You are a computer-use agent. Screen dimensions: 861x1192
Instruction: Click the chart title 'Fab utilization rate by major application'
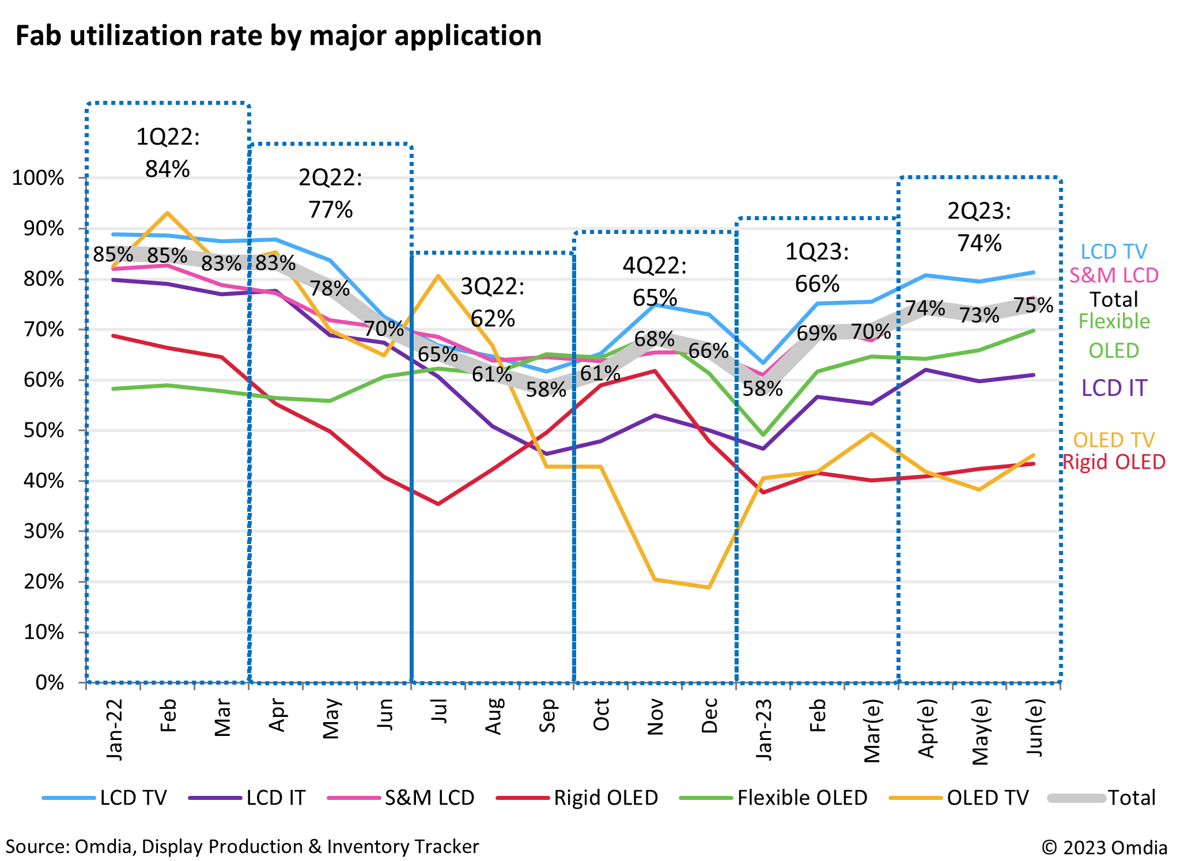(x=278, y=36)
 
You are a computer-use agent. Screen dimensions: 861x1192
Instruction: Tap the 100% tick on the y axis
(x=38, y=178)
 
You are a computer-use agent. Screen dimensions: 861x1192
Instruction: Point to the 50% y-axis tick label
(x=41, y=430)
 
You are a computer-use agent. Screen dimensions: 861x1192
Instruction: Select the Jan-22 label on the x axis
(x=115, y=728)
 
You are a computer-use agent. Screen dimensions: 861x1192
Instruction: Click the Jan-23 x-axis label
(x=763, y=728)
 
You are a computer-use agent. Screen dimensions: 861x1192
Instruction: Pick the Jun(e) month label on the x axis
(x=1035, y=728)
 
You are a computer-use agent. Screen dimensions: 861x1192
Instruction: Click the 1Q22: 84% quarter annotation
(x=168, y=153)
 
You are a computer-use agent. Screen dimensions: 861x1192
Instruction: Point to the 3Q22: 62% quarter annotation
(x=493, y=302)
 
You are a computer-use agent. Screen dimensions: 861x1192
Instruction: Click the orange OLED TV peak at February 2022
(x=167, y=213)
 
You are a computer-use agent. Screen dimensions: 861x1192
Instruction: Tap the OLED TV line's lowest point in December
(x=709, y=587)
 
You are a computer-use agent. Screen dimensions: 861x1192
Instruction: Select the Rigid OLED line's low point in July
(x=438, y=504)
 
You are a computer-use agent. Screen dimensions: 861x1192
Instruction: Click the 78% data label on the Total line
(x=330, y=288)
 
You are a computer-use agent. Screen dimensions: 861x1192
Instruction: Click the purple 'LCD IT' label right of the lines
(x=1114, y=388)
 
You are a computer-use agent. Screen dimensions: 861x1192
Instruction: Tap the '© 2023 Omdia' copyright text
(x=1104, y=847)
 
